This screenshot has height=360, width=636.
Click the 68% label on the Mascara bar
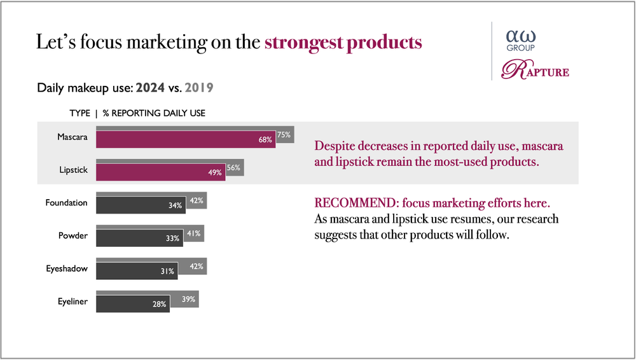pos(265,139)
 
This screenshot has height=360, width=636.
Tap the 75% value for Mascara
pos(284,134)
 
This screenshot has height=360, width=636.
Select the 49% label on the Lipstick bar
pos(215,172)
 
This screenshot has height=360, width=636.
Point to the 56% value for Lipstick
pos(233,168)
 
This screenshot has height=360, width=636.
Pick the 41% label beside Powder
pos(194,233)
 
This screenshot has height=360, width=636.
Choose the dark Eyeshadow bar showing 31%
pos(136,271)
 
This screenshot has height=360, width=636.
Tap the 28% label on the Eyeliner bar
pos(159,305)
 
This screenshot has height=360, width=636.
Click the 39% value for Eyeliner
pos(189,300)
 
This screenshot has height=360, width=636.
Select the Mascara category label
pos(72,136)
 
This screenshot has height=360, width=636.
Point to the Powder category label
pos(73,236)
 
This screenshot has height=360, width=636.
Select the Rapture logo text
pos(535,70)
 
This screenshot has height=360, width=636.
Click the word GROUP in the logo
pos(520,48)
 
